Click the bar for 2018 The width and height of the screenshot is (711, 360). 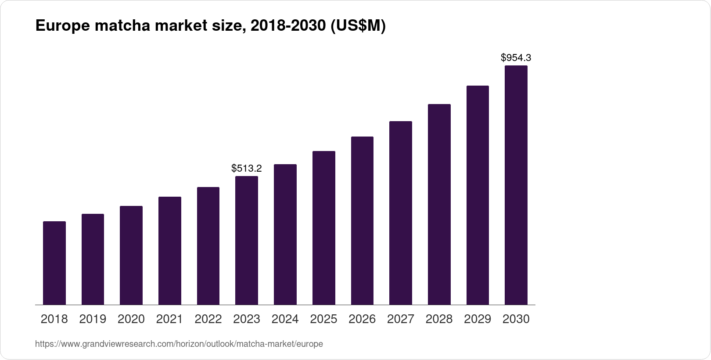(54, 263)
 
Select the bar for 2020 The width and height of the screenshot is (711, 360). (131, 256)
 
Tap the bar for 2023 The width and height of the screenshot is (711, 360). (247, 241)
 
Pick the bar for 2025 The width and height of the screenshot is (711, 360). (324, 228)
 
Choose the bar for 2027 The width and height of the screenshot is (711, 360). (401, 213)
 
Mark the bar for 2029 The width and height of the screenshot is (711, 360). (478, 195)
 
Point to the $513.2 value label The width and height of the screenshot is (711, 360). (247, 168)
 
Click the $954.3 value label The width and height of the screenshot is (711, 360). (516, 58)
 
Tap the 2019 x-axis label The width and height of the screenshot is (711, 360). (93, 319)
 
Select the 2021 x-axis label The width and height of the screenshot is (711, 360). (169, 319)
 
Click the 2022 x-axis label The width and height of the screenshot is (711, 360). (208, 319)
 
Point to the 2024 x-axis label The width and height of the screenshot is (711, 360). (285, 319)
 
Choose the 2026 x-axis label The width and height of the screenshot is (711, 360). (362, 319)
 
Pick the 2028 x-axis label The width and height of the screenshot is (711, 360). (439, 319)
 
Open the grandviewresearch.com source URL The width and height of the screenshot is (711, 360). (179, 344)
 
